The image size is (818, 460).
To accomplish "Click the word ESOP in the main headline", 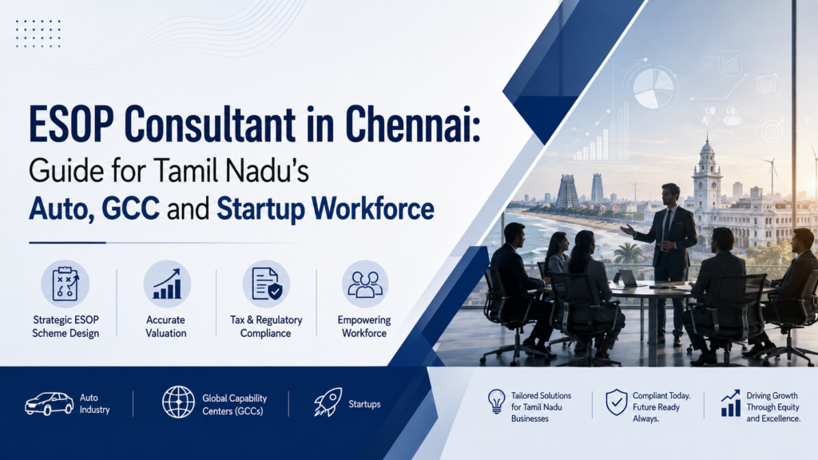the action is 71,124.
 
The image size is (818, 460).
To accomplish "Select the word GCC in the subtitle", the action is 130,208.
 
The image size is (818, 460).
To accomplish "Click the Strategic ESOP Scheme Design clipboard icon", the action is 66,284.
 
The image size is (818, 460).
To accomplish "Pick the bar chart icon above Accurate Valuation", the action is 167,284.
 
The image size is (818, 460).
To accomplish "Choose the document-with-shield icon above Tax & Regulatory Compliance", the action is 266,284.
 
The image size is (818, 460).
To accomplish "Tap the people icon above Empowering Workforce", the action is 364,284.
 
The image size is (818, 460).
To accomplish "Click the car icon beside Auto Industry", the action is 49,403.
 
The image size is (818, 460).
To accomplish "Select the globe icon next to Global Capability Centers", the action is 178,402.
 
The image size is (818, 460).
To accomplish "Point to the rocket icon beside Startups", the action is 328,402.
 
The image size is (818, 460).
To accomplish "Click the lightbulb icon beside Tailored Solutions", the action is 496,402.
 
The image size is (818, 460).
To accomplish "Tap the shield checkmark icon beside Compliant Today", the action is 616,402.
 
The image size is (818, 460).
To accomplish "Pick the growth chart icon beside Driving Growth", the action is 730,403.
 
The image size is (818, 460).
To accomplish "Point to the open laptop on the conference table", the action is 626,279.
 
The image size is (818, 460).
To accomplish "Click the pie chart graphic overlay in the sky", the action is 653,88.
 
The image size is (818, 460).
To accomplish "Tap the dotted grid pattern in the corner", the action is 38,34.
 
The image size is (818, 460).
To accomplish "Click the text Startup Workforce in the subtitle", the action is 325,208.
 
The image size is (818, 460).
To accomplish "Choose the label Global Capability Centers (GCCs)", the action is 235,405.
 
